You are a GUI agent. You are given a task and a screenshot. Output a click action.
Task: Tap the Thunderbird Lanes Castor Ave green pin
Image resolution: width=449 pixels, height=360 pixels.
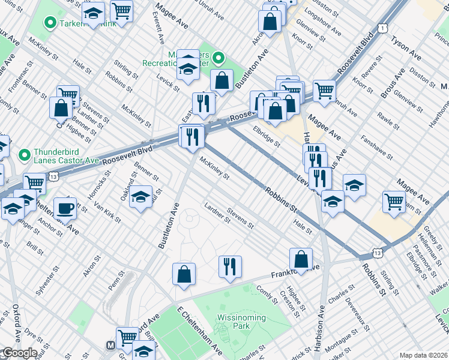click(25, 155)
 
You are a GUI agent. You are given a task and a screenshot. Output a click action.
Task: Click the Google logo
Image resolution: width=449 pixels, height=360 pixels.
click(19, 353)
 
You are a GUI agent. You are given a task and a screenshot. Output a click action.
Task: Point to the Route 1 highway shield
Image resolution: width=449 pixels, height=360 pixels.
click(382, 28)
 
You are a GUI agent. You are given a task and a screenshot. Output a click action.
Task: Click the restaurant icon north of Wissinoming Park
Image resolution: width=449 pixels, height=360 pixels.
click(229, 266)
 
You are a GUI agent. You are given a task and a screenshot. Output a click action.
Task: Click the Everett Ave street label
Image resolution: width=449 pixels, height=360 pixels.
click(160, 30)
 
